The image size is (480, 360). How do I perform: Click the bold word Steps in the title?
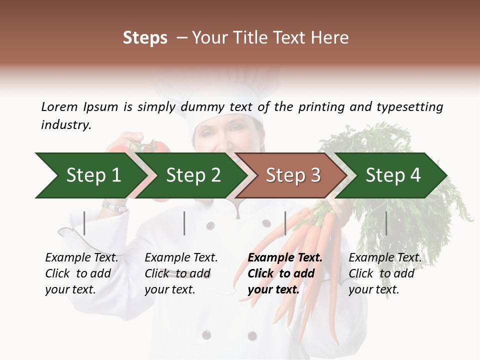[x=145, y=38]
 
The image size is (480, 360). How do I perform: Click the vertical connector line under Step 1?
[x=84, y=223]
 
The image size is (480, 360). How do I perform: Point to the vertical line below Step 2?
[x=184, y=223]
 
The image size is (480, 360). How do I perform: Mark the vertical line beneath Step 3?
[x=285, y=223]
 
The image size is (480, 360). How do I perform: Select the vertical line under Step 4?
[x=386, y=223]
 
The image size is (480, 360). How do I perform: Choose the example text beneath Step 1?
[x=81, y=273]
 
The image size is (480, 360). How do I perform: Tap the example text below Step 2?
[x=181, y=273]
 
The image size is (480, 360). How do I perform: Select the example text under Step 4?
[x=384, y=273]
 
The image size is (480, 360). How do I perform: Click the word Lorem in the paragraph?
[x=59, y=106]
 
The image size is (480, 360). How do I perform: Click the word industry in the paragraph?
[x=65, y=124]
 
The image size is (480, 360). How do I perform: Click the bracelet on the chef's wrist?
[x=114, y=206]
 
